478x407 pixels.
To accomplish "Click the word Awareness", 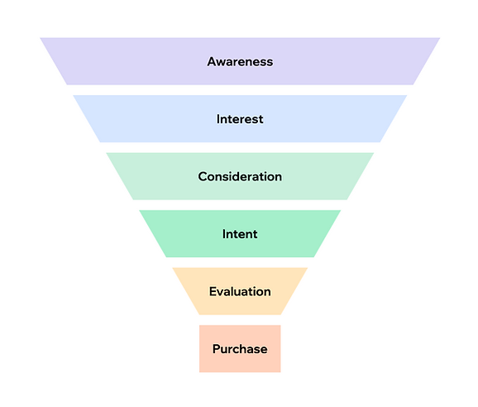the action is click(240, 61).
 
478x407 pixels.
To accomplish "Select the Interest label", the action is click(240, 119).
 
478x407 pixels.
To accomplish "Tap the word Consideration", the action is click(240, 176).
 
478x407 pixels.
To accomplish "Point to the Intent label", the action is click(240, 234).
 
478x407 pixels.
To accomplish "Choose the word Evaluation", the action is click(240, 291).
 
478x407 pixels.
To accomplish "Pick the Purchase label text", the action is click(240, 349).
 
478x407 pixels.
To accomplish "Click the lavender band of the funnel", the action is click(240, 61).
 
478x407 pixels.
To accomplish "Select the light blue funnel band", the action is click(240, 118).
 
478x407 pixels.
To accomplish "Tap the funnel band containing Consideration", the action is click(240, 176).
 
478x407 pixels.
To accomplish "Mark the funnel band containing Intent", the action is click(240, 233).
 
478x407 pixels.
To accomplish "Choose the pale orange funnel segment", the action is click(240, 291).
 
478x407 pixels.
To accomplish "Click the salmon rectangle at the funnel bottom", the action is click(240, 349).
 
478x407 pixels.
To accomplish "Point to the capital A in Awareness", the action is click(213, 61).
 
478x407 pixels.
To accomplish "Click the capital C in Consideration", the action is click(203, 176).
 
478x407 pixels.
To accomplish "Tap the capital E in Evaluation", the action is click(213, 291).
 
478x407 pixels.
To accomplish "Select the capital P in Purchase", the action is click(217, 349).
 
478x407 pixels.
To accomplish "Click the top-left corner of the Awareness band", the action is click(40, 38).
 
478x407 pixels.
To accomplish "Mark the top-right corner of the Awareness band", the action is click(440, 38).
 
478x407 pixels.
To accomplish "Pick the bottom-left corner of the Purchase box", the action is click(199, 372).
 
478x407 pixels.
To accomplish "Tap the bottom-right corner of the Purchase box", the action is click(281, 372).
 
